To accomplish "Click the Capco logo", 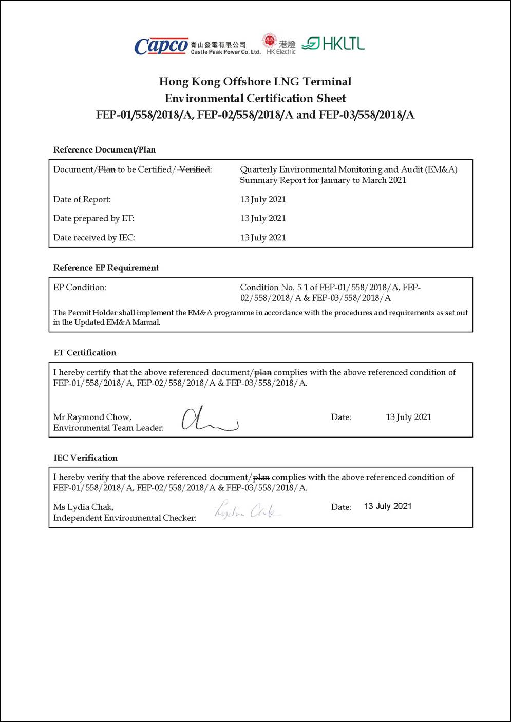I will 161,46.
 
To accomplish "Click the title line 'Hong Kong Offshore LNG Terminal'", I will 255,82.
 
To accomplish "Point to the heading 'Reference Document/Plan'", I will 104,150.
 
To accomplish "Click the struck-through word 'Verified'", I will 194,169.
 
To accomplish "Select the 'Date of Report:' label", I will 82,199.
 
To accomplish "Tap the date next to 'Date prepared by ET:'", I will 263,218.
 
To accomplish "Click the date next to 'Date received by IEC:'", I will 263,237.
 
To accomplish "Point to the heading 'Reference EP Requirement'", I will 106,268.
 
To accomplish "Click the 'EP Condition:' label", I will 80,288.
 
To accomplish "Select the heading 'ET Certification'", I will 85,353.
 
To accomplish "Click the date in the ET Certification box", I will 408,417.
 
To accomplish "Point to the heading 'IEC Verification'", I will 85,458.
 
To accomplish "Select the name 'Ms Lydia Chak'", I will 84,507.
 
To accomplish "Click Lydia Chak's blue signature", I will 247,510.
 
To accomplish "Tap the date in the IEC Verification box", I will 388,506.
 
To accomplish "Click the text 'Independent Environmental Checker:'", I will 125,518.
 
